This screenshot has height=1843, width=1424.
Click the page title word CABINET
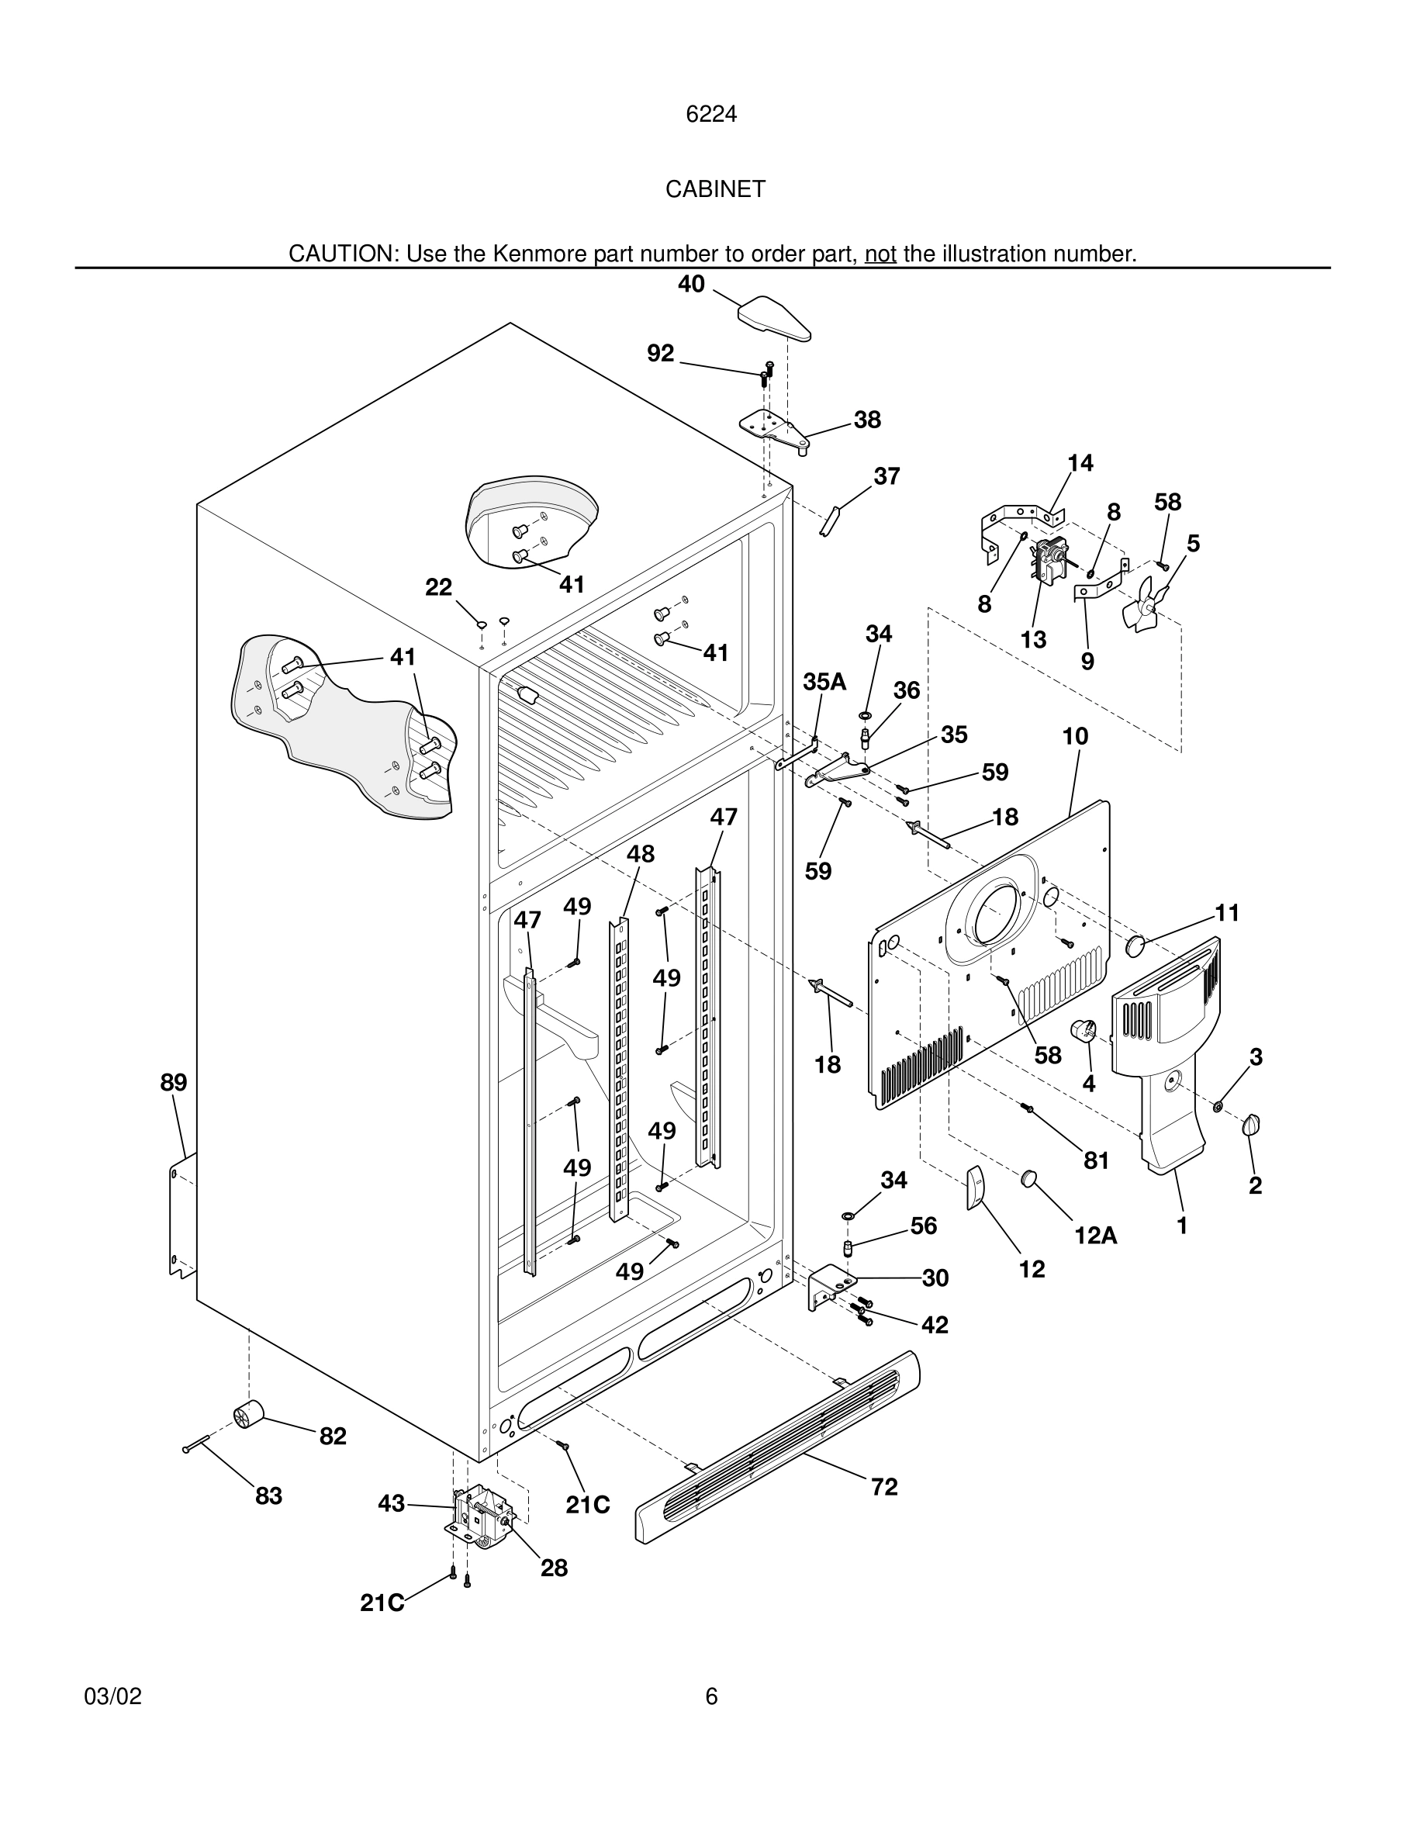click(x=714, y=189)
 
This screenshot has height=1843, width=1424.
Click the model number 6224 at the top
click(x=711, y=114)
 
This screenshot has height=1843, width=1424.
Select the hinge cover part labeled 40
click(x=773, y=319)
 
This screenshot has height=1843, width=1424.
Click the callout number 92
click(x=661, y=353)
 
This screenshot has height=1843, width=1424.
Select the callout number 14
click(x=1080, y=462)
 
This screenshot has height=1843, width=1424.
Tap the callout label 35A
click(x=824, y=682)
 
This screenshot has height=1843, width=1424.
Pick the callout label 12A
click(x=1096, y=1236)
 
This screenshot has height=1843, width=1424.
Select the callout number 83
click(x=268, y=1496)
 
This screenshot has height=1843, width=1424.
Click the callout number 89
click(x=174, y=1082)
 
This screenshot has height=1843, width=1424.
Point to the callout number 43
click(x=392, y=1504)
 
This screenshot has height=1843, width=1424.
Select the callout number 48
click(x=641, y=854)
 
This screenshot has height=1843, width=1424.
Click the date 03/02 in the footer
click(x=112, y=1696)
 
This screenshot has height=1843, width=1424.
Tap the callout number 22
click(x=438, y=586)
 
